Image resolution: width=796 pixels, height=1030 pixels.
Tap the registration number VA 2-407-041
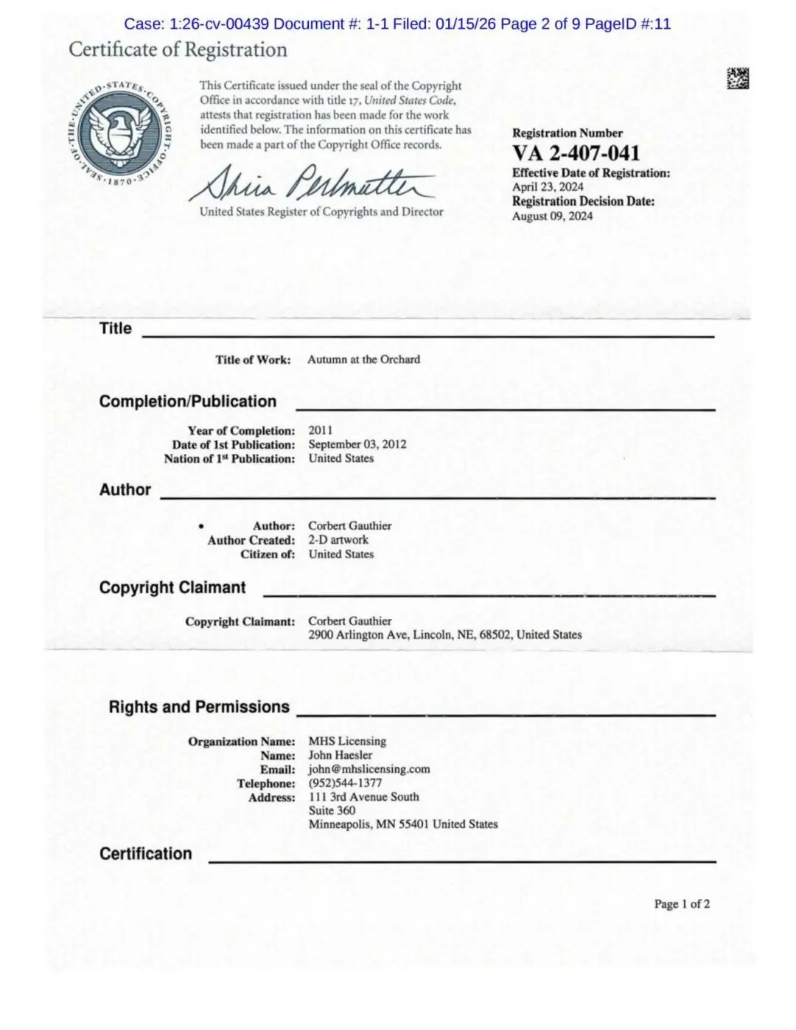click(x=576, y=153)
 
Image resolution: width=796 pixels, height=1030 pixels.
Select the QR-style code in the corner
click(x=738, y=78)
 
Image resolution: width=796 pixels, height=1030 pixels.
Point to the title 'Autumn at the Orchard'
click(x=363, y=360)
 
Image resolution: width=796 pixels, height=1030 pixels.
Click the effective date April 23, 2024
click(x=548, y=187)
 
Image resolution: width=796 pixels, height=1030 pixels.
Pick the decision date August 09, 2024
click(x=552, y=216)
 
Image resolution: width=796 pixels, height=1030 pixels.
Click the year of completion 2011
click(x=320, y=430)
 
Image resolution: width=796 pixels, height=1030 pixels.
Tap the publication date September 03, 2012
click(x=357, y=444)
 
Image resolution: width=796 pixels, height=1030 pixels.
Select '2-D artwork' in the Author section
click(x=338, y=540)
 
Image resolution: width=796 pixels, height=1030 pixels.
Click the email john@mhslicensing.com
click(x=369, y=769)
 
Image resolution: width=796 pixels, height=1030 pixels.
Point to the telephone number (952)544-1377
click(x=345, y=783)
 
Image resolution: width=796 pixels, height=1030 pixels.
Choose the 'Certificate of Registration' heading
click(x=178, y=50)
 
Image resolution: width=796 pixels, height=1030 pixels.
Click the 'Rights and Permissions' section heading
click(x=199, y=707)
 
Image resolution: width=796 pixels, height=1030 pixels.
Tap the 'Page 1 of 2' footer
click(x=682, y=904)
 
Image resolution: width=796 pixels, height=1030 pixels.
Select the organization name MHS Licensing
click(x=347, y=741)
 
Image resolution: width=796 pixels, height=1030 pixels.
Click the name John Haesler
click(x=340, y=755)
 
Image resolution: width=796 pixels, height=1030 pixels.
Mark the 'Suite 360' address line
click(x=332, y=810)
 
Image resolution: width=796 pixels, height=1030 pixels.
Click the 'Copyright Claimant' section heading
click(x=172, y=588)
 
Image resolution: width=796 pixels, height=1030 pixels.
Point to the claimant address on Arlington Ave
click(x=444, y=635)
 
